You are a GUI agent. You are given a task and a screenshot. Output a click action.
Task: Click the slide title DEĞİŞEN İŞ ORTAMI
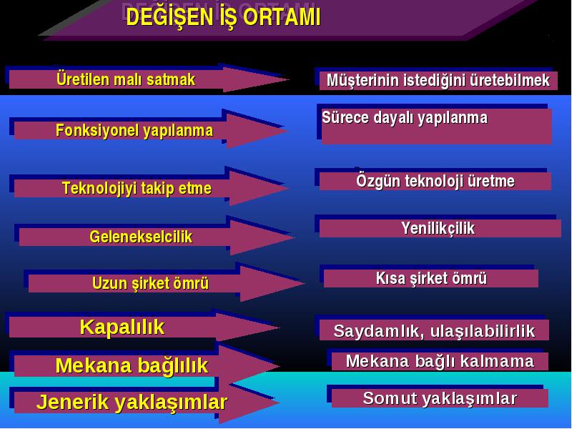tap(223, 17)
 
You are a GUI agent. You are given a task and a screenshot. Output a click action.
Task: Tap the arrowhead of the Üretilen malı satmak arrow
tap(255, 79)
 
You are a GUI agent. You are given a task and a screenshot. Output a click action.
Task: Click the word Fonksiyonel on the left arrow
tap(96, 131)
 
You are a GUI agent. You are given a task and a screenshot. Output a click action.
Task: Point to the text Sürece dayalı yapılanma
tap(405, 118)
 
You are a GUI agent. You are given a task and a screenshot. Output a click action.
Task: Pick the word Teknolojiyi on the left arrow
tap(99, 189)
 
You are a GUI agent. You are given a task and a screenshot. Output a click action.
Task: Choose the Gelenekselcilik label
tap(141, 237)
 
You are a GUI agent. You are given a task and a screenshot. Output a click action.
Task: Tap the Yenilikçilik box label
tap(438, 229)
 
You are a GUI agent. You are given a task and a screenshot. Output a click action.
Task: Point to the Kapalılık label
tap(122, 327)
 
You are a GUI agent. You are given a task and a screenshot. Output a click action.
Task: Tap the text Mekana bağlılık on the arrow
tap(132, 366)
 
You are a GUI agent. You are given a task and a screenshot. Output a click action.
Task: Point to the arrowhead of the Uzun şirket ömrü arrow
tap(272, 283)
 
